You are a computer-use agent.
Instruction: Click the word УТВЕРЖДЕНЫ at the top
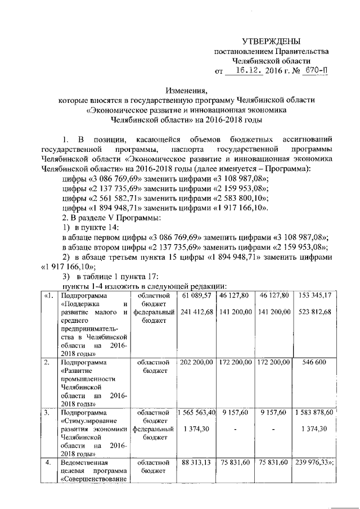(271, 41)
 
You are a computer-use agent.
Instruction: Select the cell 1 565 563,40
(197, 413)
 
